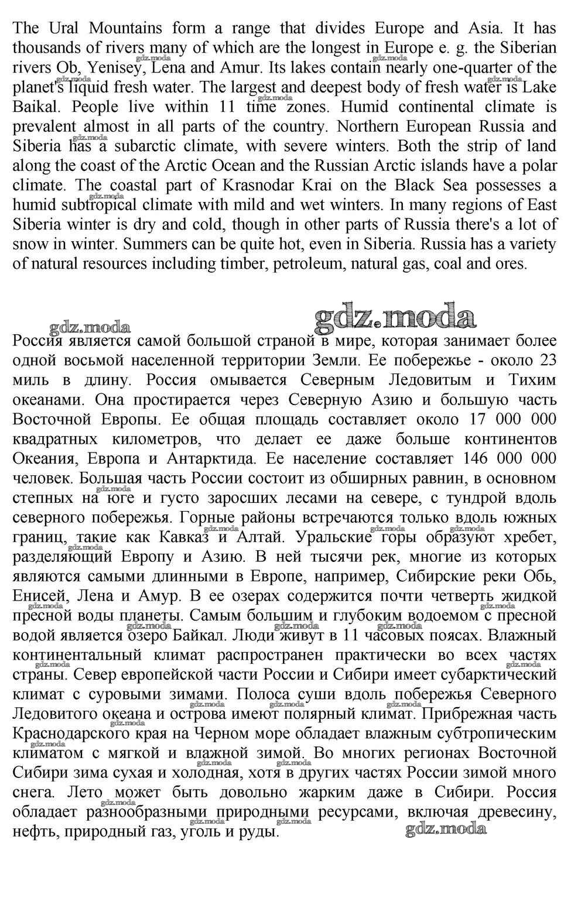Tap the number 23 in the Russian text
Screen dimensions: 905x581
[x=546, y=361]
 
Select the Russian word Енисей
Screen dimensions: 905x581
[x=37, y=597]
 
